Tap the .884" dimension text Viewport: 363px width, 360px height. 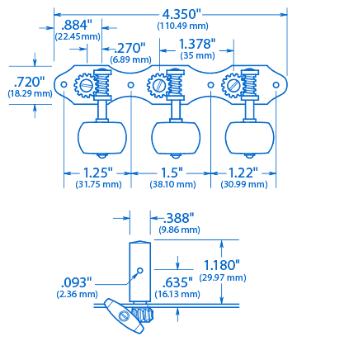78,25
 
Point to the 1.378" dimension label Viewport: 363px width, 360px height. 196,43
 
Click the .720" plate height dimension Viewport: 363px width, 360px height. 29,82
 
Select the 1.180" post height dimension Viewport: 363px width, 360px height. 222,265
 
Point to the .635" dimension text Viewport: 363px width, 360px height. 173,282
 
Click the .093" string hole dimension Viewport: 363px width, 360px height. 77,282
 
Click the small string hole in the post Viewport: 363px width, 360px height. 140,270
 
